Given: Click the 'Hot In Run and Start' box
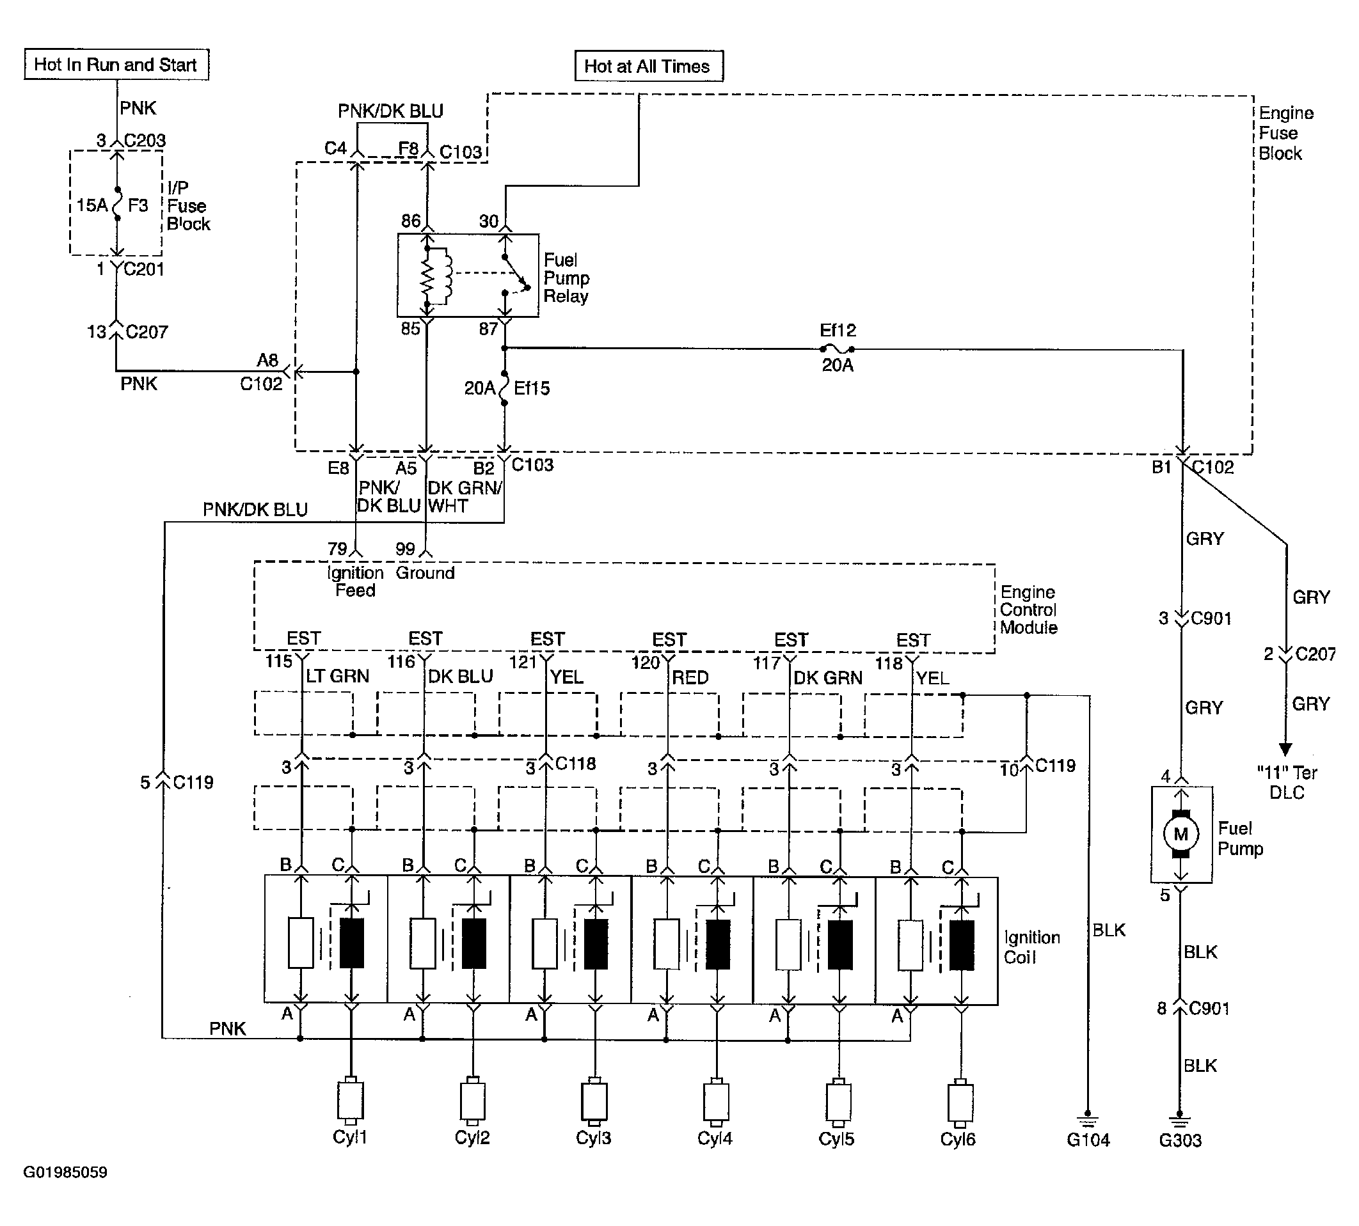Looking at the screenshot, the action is pyautogui.click(x=116, y=65).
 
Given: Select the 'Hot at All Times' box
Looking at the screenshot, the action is pyautogui.click(x=648, y=66).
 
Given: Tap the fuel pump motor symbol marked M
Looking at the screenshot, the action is pyautogui.click(x=1180, y=834).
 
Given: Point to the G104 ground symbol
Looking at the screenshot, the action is pyautogui.click(x=1088, y=1119).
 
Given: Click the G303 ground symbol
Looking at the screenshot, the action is pyautogui.click(x=1179, y=1119).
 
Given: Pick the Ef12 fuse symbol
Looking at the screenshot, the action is pyautogui.click(x=838, y=349).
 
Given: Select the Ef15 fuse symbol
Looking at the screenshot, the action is pyautogui.click(x=504, y=388).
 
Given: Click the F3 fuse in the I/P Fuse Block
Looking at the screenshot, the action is pyautogui.click(x=116, y=203).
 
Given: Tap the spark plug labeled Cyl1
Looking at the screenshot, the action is pyautogui.click(x=350, y=1101).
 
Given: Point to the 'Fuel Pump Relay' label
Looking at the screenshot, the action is pyautogui.click(x=567, y=278).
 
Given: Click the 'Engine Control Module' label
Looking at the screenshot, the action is pyautogui.click(x=1028, y=609).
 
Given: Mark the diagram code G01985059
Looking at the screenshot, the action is pyautogui.click(x=65, y=1172).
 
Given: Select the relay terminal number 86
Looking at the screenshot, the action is pyautogui.click(x=410, y=221).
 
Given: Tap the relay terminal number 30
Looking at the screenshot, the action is pyautogui.click(x=488, y=221).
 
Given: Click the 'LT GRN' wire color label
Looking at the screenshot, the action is pyautogui.click(x=338, y=677).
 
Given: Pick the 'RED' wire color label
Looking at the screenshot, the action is pyautogui.click(x=690, y=678).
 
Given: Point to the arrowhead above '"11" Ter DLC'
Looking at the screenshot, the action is pyautogui.click(x=1285, y=749).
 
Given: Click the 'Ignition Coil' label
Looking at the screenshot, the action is pyautogui.click(x=1031, y=947).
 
